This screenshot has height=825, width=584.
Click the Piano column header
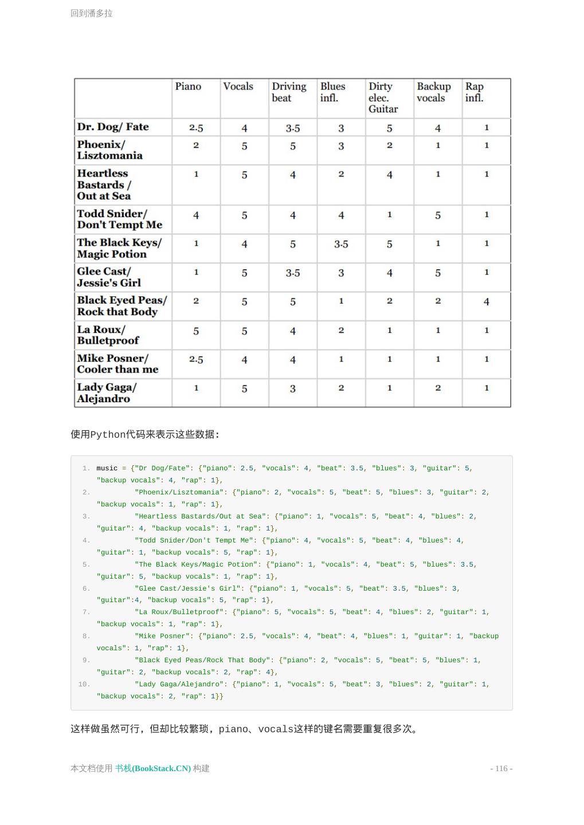click(x=188, y=87)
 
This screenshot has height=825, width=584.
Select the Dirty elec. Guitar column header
click(x=383, y=97)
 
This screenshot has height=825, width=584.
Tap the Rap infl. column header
click(x=475, y=92)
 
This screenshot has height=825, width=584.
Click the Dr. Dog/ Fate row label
click(x=113, y=127)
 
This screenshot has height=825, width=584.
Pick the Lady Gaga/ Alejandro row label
click(x=107, y=393)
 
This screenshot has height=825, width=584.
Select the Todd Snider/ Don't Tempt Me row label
click(x=119, y=219)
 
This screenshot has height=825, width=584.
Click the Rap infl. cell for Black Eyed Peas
click(x=486, y=301)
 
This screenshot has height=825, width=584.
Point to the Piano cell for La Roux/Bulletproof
click(x=196, y=331)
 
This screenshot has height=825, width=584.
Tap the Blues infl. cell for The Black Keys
click(x=341, y=244)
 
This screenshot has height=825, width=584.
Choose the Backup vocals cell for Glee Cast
click(x=438, y=273)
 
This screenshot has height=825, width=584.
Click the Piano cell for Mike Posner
click(x=196, y=360)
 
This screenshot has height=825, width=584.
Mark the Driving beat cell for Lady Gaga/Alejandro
click(x=293, y=389)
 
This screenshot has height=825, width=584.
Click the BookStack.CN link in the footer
click(x=153, y=768)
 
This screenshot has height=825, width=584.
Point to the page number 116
click(x=501, y=768)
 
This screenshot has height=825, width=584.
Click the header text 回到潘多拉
click(x=92, y=13)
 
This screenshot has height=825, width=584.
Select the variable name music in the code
click(x=107, y=468)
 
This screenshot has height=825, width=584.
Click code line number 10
click(x=84, y=684)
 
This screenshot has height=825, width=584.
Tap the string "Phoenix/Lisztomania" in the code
click(x=181, y=492)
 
